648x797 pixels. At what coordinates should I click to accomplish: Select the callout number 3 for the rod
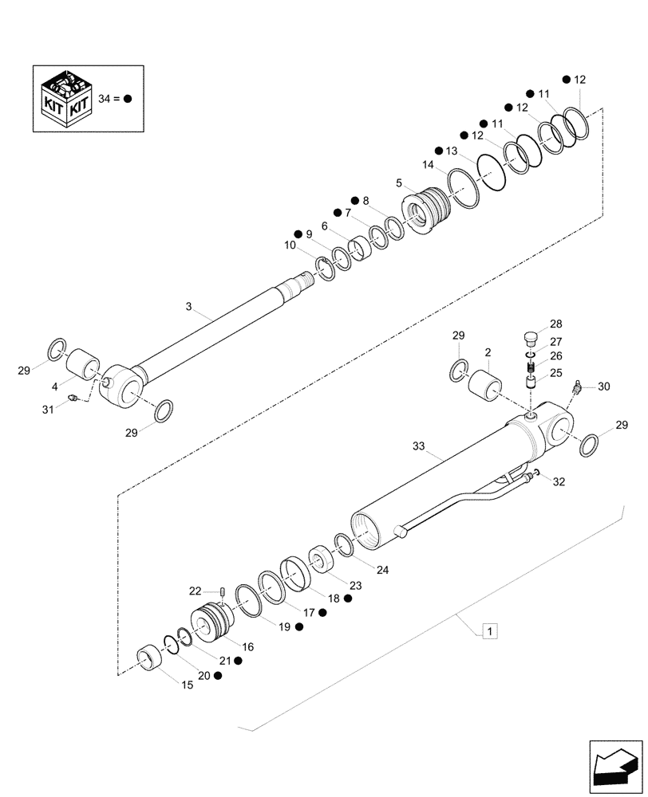(x=188, y=306)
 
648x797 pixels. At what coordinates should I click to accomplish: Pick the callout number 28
(x=555, y=324)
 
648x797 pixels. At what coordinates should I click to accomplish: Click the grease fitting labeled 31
(x=73, y=398)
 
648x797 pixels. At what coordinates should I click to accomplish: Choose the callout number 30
(x=603, y=387)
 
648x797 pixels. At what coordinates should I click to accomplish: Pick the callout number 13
(x=452, y=151)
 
